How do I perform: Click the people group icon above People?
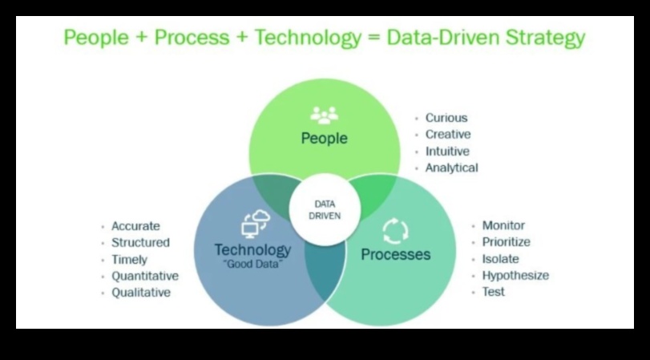click(324, 115)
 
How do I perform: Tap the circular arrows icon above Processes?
click(395, 231)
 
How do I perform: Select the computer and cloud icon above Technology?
click(255, 224)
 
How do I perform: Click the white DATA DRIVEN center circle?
click(324, 210)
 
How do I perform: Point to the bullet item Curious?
click(446, 118)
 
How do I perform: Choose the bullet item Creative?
click(448, 135)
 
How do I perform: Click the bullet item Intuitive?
click(447, 151)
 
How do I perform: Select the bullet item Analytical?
click(451, 168)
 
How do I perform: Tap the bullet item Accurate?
click(135, 226)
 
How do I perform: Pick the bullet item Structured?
click(140, 242)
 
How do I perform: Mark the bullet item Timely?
click(129, 260)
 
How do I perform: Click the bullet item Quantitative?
click(145, 276)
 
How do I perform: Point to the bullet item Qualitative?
click(141, 293)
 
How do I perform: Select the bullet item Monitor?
click(503, 225)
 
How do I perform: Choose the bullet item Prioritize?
click(506, 242)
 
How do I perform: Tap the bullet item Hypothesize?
click(515, 275)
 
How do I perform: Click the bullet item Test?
click(494, 292)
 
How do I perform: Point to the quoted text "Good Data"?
click(252, 263)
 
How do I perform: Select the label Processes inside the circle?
click(395, 255)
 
